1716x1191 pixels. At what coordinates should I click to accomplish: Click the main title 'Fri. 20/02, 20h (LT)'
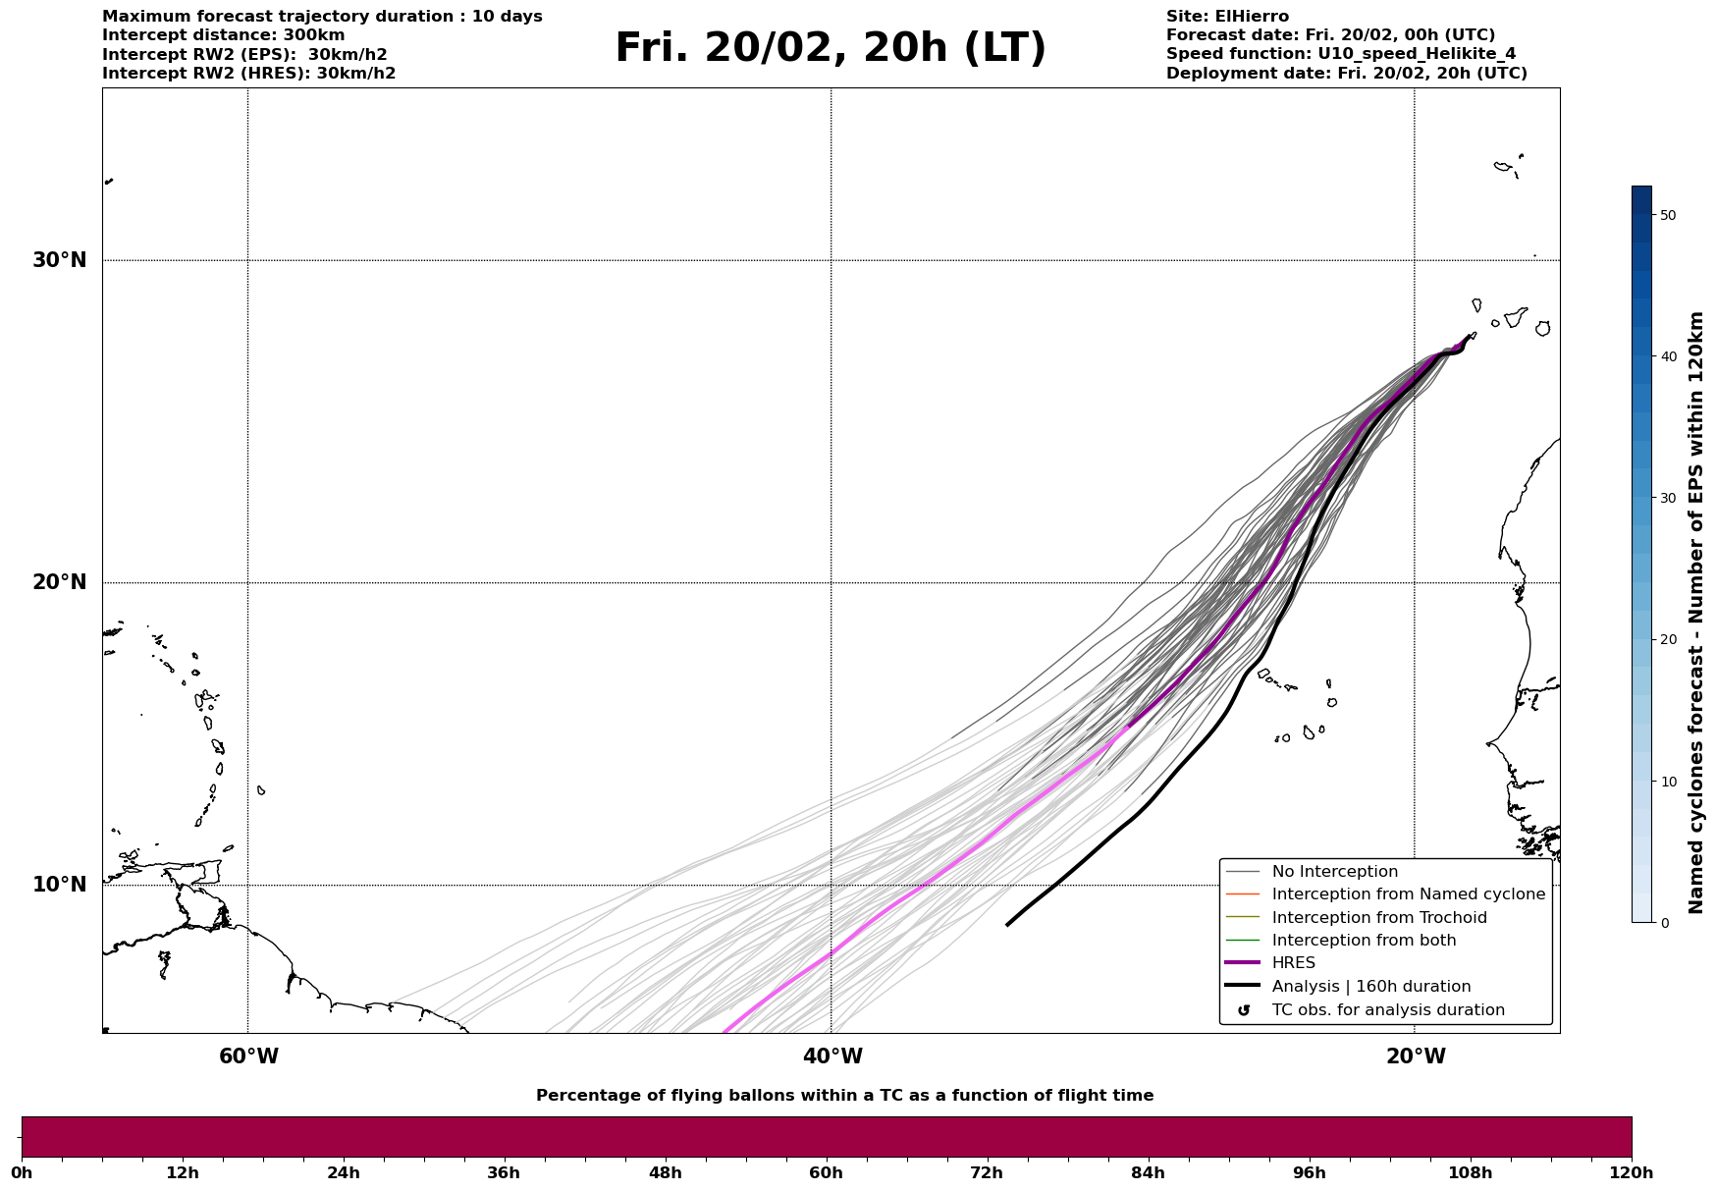point(831,48)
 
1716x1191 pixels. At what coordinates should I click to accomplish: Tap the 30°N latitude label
point(59,260)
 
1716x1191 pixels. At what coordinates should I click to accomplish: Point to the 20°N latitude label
point(59,582)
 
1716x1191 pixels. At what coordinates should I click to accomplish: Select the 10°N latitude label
point(59,885)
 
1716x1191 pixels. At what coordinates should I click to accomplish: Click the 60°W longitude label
point(248,1056)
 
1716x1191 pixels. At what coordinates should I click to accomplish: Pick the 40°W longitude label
point(832,1056)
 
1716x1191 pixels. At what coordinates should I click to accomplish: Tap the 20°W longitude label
point(1416,1056)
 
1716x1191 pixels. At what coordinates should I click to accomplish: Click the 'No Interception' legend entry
point(1334,872)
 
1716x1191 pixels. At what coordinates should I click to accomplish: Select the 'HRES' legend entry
point(1293,963)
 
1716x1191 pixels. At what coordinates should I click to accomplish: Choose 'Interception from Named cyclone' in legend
point(1408,894)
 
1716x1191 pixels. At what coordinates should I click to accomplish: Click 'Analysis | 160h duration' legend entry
point(1370,987)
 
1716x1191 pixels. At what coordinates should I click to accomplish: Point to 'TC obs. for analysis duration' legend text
point(1387,1010)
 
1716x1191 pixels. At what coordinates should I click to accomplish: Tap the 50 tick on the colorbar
point(1667,215)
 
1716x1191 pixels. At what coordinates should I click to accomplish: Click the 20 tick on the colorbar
point(1667,639)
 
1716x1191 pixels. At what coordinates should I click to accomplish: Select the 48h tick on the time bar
point(665,1172)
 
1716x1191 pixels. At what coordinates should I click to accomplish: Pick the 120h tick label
point(1631,1172)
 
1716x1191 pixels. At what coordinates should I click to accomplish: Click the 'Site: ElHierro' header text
point(1227,17)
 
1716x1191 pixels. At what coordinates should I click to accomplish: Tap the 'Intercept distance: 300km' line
point(223,35)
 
